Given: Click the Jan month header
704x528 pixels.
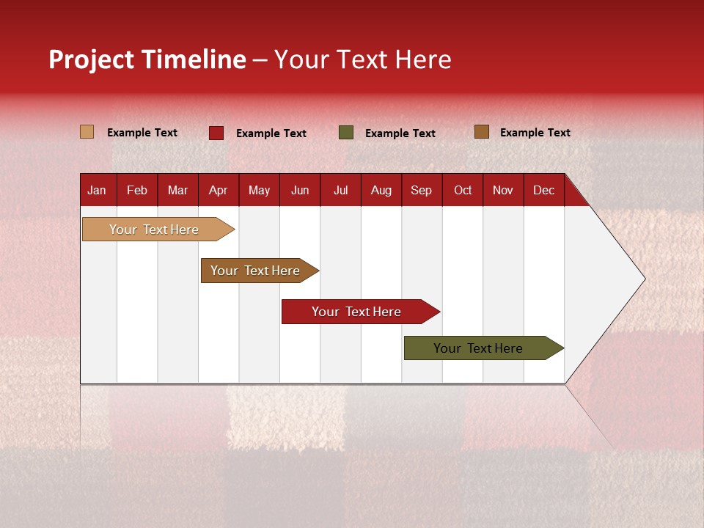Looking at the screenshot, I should click(97, 190).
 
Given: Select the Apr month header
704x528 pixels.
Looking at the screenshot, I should click(218, 190).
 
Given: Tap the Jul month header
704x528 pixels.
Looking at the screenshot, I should click(340, 190).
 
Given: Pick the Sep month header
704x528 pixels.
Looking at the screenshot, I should click(421, 190).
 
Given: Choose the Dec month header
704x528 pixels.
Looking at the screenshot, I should click(543, 190).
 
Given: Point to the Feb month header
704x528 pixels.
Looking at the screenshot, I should click(137, 190).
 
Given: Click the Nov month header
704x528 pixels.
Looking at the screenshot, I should click(502, 190).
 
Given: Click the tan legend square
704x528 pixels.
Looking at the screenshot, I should click(87, 132).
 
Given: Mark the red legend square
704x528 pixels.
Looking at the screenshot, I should click(216, 133).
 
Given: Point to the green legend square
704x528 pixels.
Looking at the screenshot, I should click(346, 133).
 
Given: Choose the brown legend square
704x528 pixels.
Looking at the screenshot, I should click(482, 132).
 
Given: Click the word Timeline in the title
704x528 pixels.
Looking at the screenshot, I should click(194, 59).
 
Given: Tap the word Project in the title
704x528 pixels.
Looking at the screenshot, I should click(92, 59).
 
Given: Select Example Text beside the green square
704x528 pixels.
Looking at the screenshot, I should click(400, 133).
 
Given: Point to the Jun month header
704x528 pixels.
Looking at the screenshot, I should click(300, 190).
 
